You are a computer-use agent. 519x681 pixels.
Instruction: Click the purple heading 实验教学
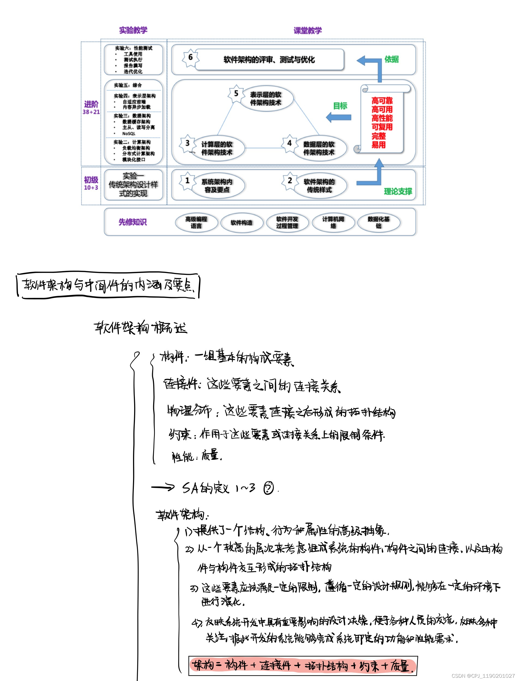point(133,30)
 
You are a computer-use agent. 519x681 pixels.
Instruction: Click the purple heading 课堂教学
point(307,31)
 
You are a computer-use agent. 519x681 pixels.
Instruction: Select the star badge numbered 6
point(190,57)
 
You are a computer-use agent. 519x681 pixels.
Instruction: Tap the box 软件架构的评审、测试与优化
point(269,60)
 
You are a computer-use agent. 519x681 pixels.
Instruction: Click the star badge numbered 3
point(187,143)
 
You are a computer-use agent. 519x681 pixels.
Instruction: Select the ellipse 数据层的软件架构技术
point(319,148)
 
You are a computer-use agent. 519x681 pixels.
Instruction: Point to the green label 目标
point(340,106)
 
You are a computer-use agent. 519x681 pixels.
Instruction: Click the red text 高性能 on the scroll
point(382,118)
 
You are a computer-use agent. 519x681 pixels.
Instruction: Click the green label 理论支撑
point(398,191)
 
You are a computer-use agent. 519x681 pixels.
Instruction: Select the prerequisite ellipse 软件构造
point(242,223)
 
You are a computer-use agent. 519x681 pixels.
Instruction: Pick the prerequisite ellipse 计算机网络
point(333,223)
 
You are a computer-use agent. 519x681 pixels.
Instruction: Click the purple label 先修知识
point(132,222)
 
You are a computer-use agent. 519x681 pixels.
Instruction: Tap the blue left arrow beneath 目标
point(339,117)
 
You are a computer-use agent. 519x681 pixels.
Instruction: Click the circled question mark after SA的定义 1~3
point(268,488)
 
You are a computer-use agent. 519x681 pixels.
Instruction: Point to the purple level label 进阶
point(91,104)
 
